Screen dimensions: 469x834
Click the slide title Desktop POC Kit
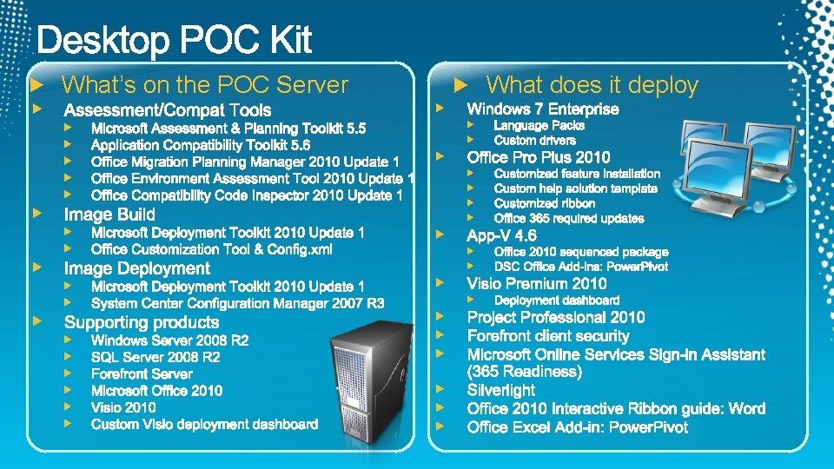tap(175, 40)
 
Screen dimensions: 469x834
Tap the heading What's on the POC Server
tap(205, 85)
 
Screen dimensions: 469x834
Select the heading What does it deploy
tap(592, 85)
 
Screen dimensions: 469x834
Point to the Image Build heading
tap(109, 215)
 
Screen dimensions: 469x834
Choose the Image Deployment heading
tap(136, 268)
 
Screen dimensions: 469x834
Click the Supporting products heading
tap(142, 322)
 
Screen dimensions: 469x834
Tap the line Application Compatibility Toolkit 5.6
tap(200, 145)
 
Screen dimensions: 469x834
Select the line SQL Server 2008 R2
tap(156, 357)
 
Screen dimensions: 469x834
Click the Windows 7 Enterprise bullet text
tap(543, 109)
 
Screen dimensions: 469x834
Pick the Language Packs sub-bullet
tap(539, 125)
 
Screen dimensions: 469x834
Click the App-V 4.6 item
tap(501, 235)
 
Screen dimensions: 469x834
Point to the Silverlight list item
tap(500, 390)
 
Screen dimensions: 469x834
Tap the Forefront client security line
tap(547, 336)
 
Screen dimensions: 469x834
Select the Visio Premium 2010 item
tap(536, 283)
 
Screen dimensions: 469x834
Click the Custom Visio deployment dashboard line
tap(204, 425)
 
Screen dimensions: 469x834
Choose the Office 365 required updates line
tap(569, 218)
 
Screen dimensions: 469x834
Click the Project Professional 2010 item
tap(555, 317)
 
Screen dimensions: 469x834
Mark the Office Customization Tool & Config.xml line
tap(211, 249)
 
